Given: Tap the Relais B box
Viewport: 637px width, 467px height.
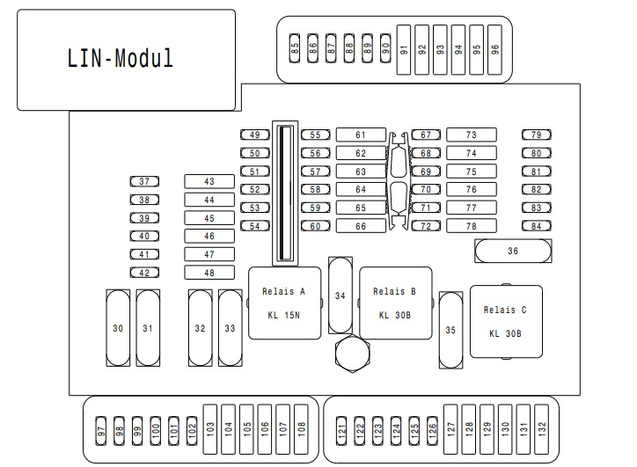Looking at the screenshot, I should coord(395,303).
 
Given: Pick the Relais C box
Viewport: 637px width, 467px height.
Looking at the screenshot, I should coord(506,321).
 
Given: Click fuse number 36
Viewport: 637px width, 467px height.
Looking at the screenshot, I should coord(514,252).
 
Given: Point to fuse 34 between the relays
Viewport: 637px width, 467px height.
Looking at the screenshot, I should coord(340,296).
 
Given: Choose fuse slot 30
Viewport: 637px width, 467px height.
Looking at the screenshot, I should coord(118,328).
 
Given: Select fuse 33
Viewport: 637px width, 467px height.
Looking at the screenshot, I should coord(230,328).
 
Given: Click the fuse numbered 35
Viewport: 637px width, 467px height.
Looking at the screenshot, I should coord(450,330).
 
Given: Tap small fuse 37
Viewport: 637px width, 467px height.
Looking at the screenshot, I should coord(144,182).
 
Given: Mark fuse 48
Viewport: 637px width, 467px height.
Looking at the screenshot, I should coord(209,273).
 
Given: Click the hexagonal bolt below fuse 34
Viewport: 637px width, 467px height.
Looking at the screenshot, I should coord(351,354).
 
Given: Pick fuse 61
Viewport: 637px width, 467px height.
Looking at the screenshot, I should coord(361,135).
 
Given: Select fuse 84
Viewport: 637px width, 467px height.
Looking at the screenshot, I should coord(536,227).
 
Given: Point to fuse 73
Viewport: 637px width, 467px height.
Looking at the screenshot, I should coord(472,135).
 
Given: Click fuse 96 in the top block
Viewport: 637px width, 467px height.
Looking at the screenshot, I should coord(494,49).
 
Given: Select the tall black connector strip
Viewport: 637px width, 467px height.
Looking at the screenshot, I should coord(284,194).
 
